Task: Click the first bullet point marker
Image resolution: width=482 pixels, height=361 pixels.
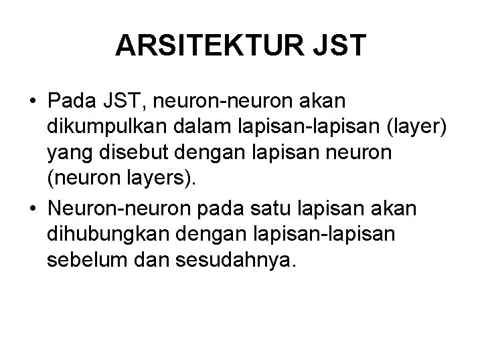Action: click(32, 101)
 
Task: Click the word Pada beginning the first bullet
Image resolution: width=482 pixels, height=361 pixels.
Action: click(70, 101)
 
